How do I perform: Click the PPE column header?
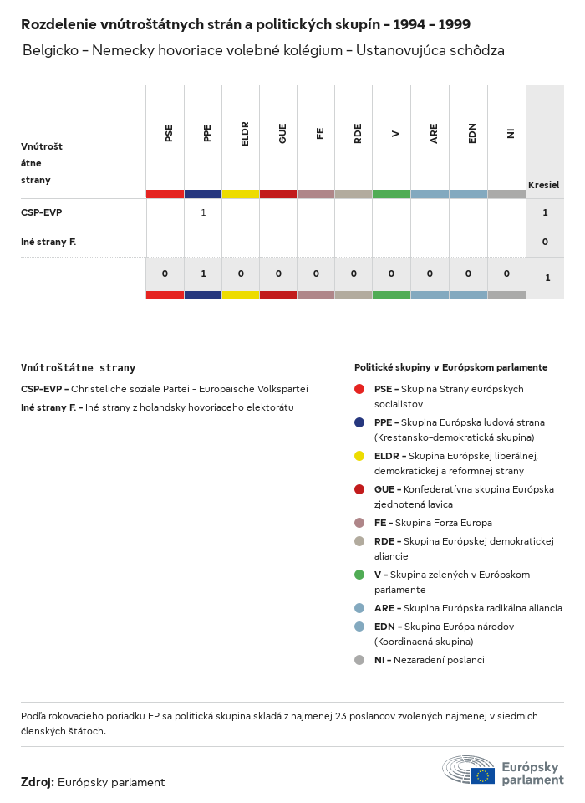207,133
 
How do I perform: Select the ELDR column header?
245,136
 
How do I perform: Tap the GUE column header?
282,134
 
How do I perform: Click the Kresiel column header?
543,185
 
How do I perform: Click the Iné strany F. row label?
48,242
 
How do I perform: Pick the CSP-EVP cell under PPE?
203,212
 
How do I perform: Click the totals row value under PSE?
165,274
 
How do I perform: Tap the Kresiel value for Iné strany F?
545,242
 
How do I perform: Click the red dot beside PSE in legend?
359,389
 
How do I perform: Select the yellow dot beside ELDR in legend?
359,456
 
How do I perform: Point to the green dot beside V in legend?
359,575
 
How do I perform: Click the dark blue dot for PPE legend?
359,422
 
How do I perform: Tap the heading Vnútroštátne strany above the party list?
78,368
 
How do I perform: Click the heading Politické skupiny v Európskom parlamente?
450,367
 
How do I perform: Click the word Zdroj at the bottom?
38,782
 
